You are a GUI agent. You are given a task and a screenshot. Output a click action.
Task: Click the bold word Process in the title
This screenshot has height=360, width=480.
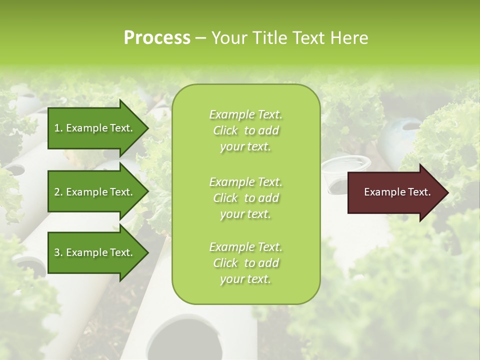[x=157, y=38]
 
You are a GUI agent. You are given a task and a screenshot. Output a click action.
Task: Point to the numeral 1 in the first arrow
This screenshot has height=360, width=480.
[x=57, y=128]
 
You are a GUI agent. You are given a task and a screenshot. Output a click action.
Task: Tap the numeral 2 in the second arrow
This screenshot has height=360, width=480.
[x=57, y=192]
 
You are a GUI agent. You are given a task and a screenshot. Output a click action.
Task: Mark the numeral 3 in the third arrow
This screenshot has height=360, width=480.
[x=57, y=252]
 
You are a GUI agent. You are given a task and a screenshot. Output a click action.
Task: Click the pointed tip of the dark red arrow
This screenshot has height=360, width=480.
[x=447, y=192]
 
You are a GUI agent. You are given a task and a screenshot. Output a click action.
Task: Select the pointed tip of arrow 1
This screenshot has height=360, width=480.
[x=147, y=128]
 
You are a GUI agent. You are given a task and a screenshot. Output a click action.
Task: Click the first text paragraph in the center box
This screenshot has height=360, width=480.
[x=245, y=130]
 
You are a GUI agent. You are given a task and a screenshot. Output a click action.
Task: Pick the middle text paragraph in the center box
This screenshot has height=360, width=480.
[x=245, y=198]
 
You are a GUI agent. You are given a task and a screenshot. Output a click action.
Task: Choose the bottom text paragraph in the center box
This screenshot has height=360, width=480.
[x=245, y=263]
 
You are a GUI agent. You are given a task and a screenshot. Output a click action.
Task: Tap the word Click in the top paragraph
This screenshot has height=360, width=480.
[x=225, y=130]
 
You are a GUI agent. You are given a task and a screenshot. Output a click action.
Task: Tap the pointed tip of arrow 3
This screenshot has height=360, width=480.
[x=147, y=252]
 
